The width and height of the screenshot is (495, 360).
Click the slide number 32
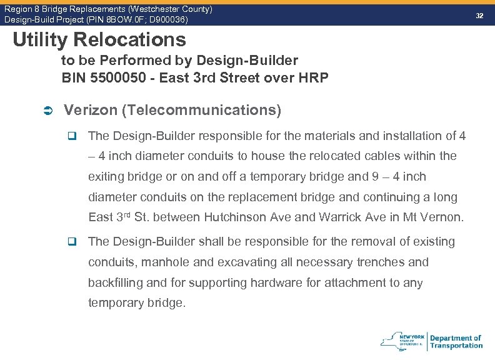[480, 14]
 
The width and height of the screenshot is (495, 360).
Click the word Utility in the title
[39, 40]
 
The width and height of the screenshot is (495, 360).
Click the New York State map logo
[396, 341]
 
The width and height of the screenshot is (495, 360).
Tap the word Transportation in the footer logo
[456, 346]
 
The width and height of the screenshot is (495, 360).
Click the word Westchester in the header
[136, 9]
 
